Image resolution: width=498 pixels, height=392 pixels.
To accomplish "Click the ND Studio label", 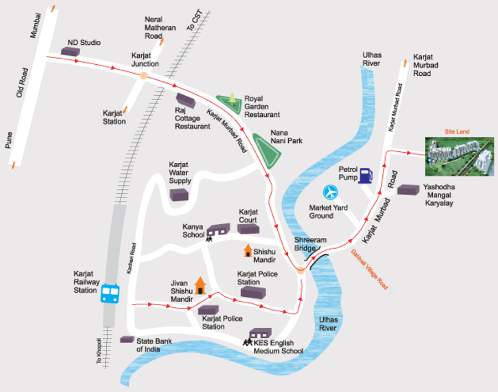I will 84,43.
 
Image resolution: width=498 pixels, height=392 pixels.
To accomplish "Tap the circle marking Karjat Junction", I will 143,76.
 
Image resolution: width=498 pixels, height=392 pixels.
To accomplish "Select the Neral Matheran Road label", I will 160,28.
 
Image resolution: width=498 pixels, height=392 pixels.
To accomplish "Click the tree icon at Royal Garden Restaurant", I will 232,99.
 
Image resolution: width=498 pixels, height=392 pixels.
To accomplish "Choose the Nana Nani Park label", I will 287,137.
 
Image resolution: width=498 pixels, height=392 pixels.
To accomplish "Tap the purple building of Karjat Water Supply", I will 179,195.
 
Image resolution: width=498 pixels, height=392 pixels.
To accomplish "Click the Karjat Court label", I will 248,216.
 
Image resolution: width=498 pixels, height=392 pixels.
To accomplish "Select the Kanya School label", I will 194,230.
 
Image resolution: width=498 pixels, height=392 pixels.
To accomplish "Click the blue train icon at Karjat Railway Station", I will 110,293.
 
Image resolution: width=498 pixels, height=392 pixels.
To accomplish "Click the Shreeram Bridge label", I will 311,244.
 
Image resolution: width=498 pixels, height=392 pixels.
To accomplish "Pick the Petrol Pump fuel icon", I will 365,175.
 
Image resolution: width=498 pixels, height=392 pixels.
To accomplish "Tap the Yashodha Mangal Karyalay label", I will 438,195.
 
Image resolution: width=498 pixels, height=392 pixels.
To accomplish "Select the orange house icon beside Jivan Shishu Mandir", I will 200,286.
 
